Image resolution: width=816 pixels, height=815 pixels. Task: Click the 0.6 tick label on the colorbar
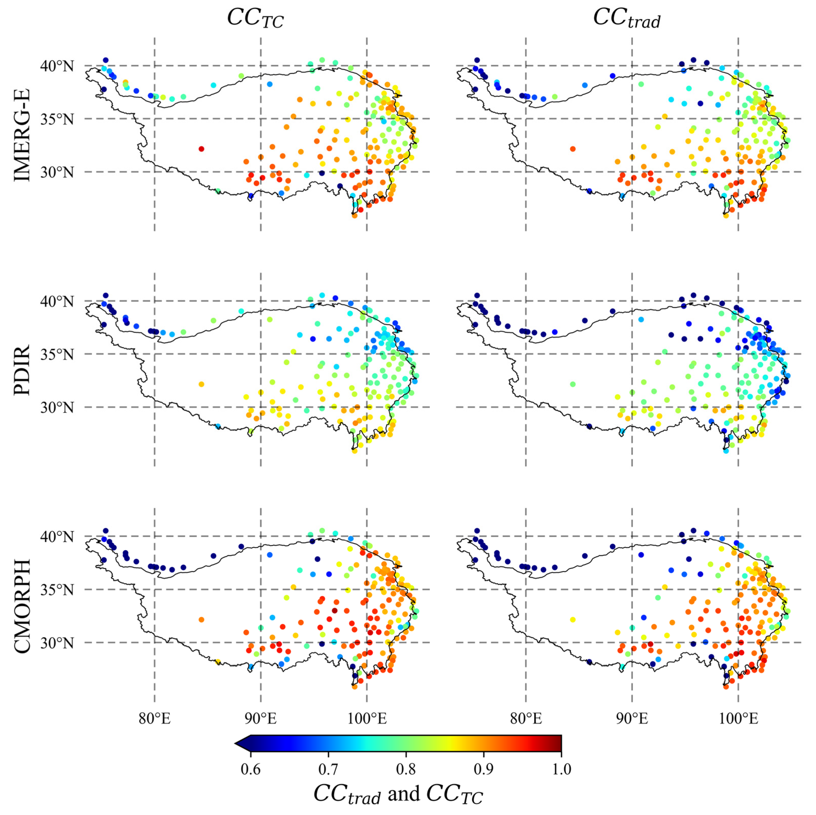[251, 768]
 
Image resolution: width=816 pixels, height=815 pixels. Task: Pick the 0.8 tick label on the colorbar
[406, 768]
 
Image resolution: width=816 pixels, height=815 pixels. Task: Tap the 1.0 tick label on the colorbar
[561, 768]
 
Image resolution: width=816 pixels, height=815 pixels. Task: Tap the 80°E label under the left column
[155, 718]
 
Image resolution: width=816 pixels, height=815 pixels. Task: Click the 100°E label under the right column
[738, 718]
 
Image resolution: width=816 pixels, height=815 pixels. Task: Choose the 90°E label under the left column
[261, 718]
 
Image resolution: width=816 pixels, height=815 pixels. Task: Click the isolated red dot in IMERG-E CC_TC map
[201, 149]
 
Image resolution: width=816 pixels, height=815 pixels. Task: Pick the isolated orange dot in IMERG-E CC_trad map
[573, 149]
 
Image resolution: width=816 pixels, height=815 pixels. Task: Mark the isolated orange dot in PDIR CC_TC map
[201, 384]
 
